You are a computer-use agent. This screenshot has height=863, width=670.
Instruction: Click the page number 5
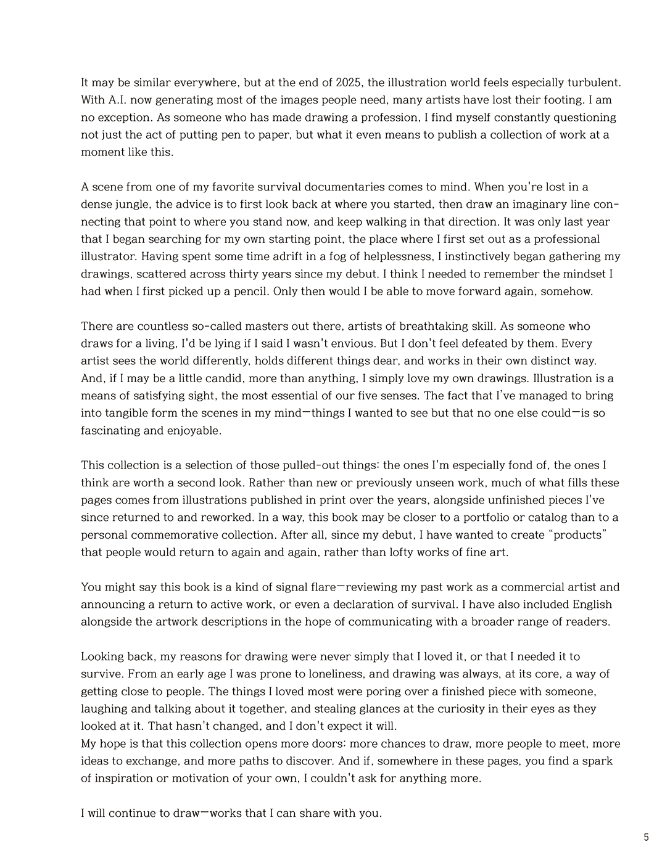(646, 837)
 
